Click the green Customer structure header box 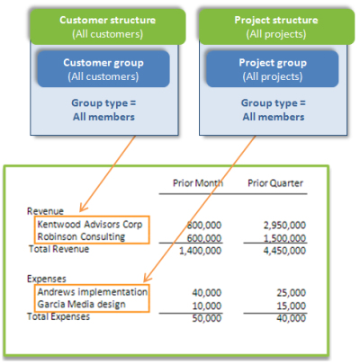click(x=100, y=26)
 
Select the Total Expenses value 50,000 click(x=209, y=317)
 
